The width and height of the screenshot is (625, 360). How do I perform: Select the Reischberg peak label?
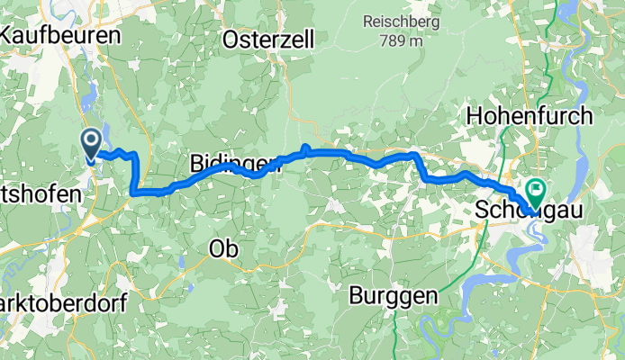[x=402, y=21]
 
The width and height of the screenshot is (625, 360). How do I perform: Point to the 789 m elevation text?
[x=402, y=40]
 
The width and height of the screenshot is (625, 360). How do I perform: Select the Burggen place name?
[x=395, y=294]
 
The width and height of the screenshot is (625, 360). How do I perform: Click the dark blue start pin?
[x=91, y=141]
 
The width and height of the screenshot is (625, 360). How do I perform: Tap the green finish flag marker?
[x=538, y=190]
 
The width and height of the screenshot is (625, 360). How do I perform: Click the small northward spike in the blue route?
[x=305, y=147]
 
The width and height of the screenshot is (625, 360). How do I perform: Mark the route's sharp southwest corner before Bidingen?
[x=133, y=191]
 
